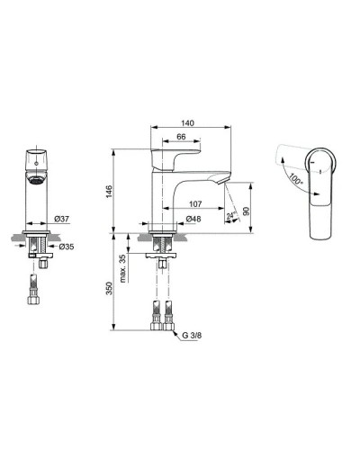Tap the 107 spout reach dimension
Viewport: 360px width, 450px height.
pos(195,202)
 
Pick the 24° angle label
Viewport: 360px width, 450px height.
pos(232,215)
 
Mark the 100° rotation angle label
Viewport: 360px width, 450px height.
pos(295,177)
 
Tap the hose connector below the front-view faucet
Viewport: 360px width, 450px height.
pos(33,292)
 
